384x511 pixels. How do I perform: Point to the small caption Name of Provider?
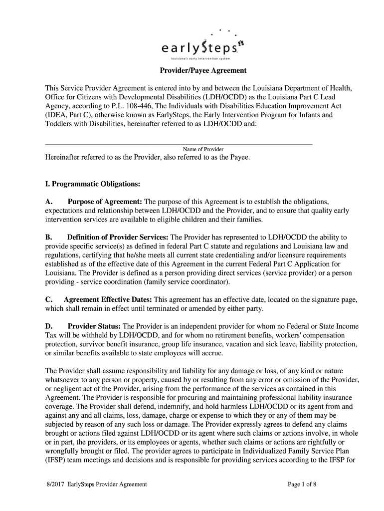coord(203,149)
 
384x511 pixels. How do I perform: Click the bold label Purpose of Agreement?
coord(105,201)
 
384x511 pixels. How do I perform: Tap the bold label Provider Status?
coord(94,326)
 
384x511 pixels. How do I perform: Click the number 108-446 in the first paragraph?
coord(138,106)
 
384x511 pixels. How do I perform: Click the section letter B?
coord(48,237)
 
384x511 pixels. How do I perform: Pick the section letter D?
coord(48,326)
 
